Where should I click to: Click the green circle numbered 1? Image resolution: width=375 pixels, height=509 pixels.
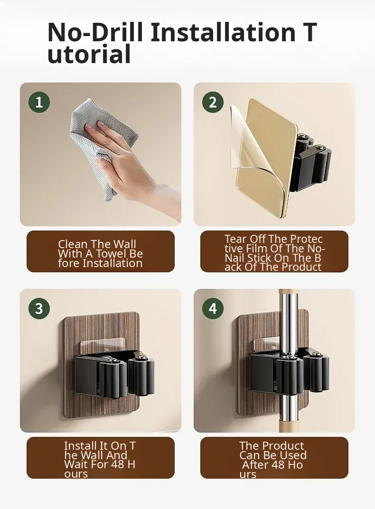(39, 102)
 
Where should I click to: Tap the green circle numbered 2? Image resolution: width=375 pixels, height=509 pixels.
(213, 102)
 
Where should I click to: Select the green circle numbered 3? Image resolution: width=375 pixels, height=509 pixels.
(39, 308)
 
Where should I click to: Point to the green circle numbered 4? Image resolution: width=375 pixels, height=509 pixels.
(213, 308)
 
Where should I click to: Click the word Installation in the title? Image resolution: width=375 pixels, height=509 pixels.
(223, 32)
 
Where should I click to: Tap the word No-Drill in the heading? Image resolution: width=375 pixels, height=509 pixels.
(95, 32)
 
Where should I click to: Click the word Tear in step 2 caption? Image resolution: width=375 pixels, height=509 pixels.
(235, 239)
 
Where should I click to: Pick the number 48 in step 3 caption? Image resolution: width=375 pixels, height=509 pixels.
(117, 464)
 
